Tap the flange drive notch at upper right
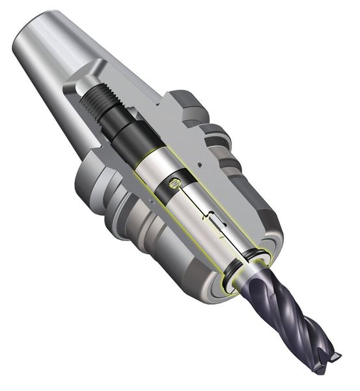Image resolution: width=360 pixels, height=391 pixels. tap(195, 104)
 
